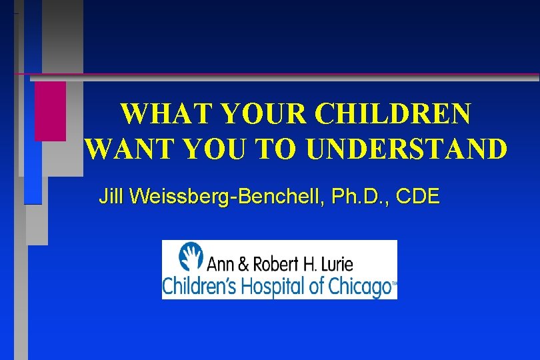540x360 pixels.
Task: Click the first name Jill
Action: [113, 197]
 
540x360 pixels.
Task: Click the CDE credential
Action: [419, 197]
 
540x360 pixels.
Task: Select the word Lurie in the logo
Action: [335, 264]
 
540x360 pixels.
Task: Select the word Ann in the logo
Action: [219, 264]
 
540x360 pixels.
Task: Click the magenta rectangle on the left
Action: [50, 111]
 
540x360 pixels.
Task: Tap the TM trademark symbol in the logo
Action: [393, 283]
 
